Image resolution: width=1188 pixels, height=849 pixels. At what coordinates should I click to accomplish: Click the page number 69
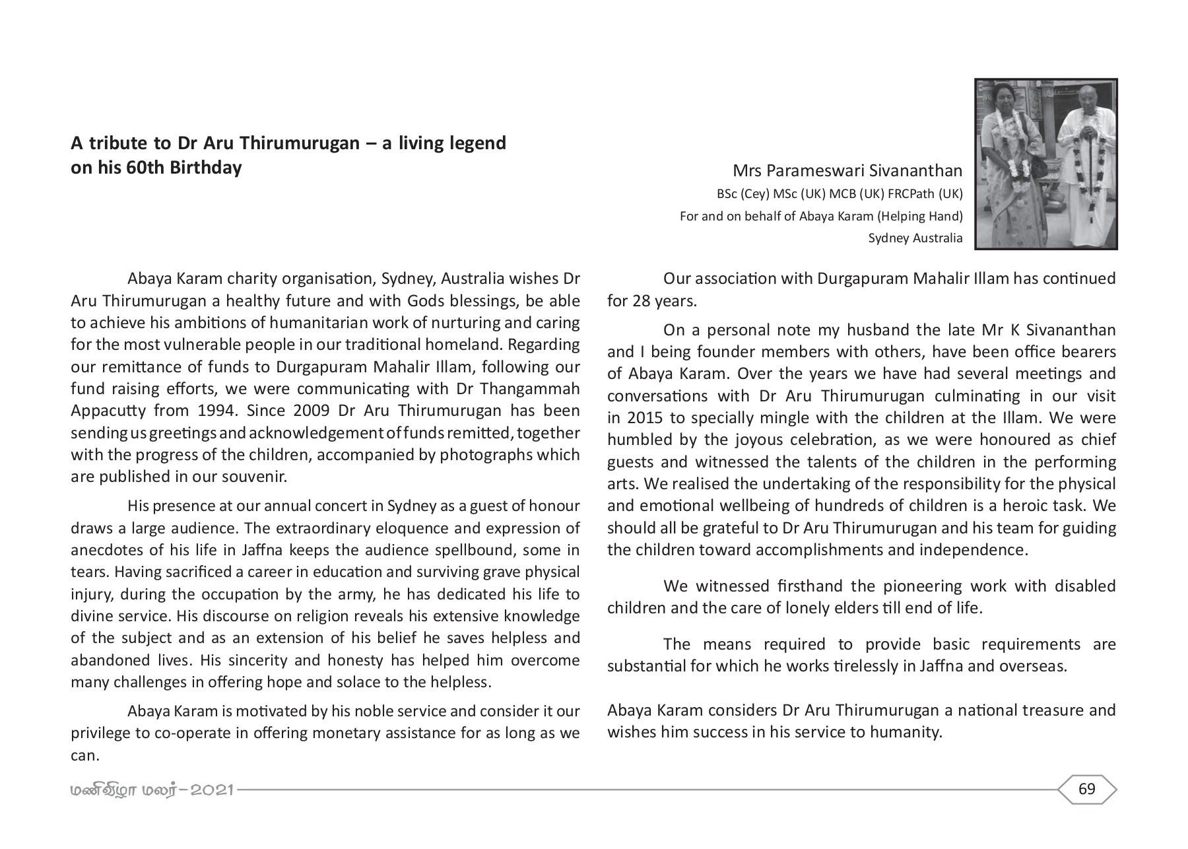click(x=1086, y=789)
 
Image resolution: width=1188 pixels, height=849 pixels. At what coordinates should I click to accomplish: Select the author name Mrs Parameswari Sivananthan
click(x=847, y=172)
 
